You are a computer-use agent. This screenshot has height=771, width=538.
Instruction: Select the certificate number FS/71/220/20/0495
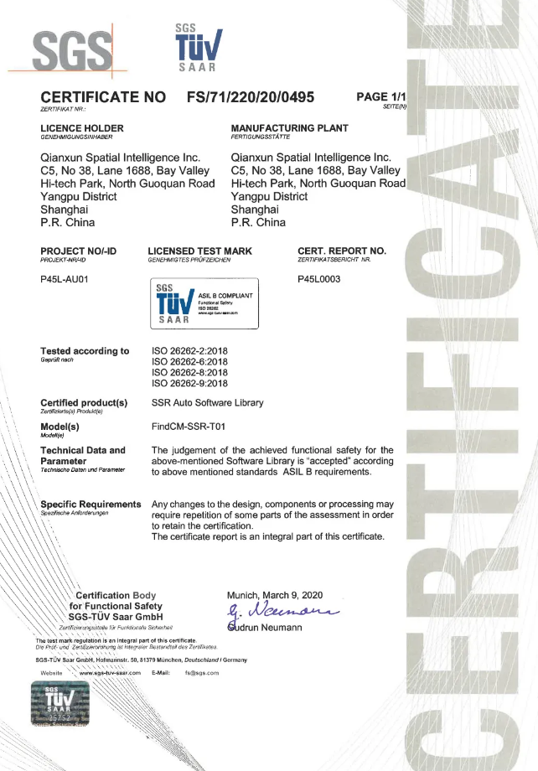click(251, 97)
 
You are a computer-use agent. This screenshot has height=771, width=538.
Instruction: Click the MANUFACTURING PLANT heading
click(289, 128)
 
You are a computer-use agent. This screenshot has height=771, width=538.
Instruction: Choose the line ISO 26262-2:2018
click(189, 350)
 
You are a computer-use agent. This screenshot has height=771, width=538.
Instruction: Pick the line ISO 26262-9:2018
click(189, 383)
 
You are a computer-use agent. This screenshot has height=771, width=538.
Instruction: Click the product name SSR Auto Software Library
click(207, 403)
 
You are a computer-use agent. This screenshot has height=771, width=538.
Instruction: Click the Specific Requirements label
click(91, 504)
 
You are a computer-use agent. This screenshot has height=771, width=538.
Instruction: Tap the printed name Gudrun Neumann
click(268, 628)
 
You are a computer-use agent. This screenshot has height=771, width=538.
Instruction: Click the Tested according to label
click(85, 351)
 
